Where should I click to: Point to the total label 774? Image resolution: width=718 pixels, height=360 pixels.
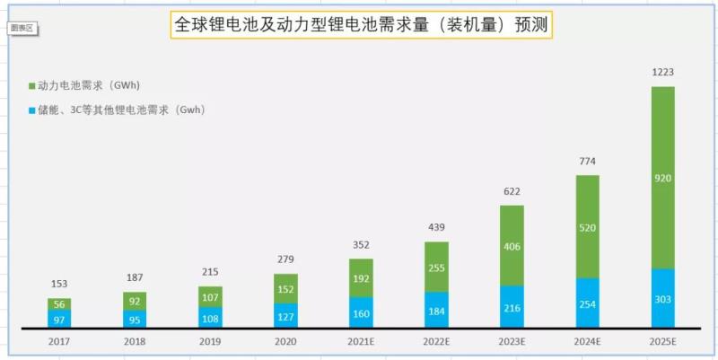[x=587, y=162]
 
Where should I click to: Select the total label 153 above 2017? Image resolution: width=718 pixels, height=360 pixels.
[x=59, y=285]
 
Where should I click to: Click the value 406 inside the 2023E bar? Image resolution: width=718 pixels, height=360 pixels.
[x=512, y=244]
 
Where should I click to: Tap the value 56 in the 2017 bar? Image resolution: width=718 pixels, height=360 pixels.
[x=59, y=304]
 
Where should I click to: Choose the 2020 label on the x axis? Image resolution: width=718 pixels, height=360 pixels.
[x=285, y=342]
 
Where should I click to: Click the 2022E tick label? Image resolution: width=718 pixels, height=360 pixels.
[x=436, y=342]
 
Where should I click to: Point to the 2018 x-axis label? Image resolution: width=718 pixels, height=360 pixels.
[x=135, y=342]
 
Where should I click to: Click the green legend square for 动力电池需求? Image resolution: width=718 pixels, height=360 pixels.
[x=31, y=86]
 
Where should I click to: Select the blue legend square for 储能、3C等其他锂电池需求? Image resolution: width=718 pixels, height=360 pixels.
[x=31, y=110]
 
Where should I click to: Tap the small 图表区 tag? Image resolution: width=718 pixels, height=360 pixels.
[x=22, y=28]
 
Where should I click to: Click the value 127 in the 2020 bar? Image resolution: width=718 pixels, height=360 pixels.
[x=285, y=315]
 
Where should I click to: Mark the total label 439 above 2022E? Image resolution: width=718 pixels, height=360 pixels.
[x=436, y=227]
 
